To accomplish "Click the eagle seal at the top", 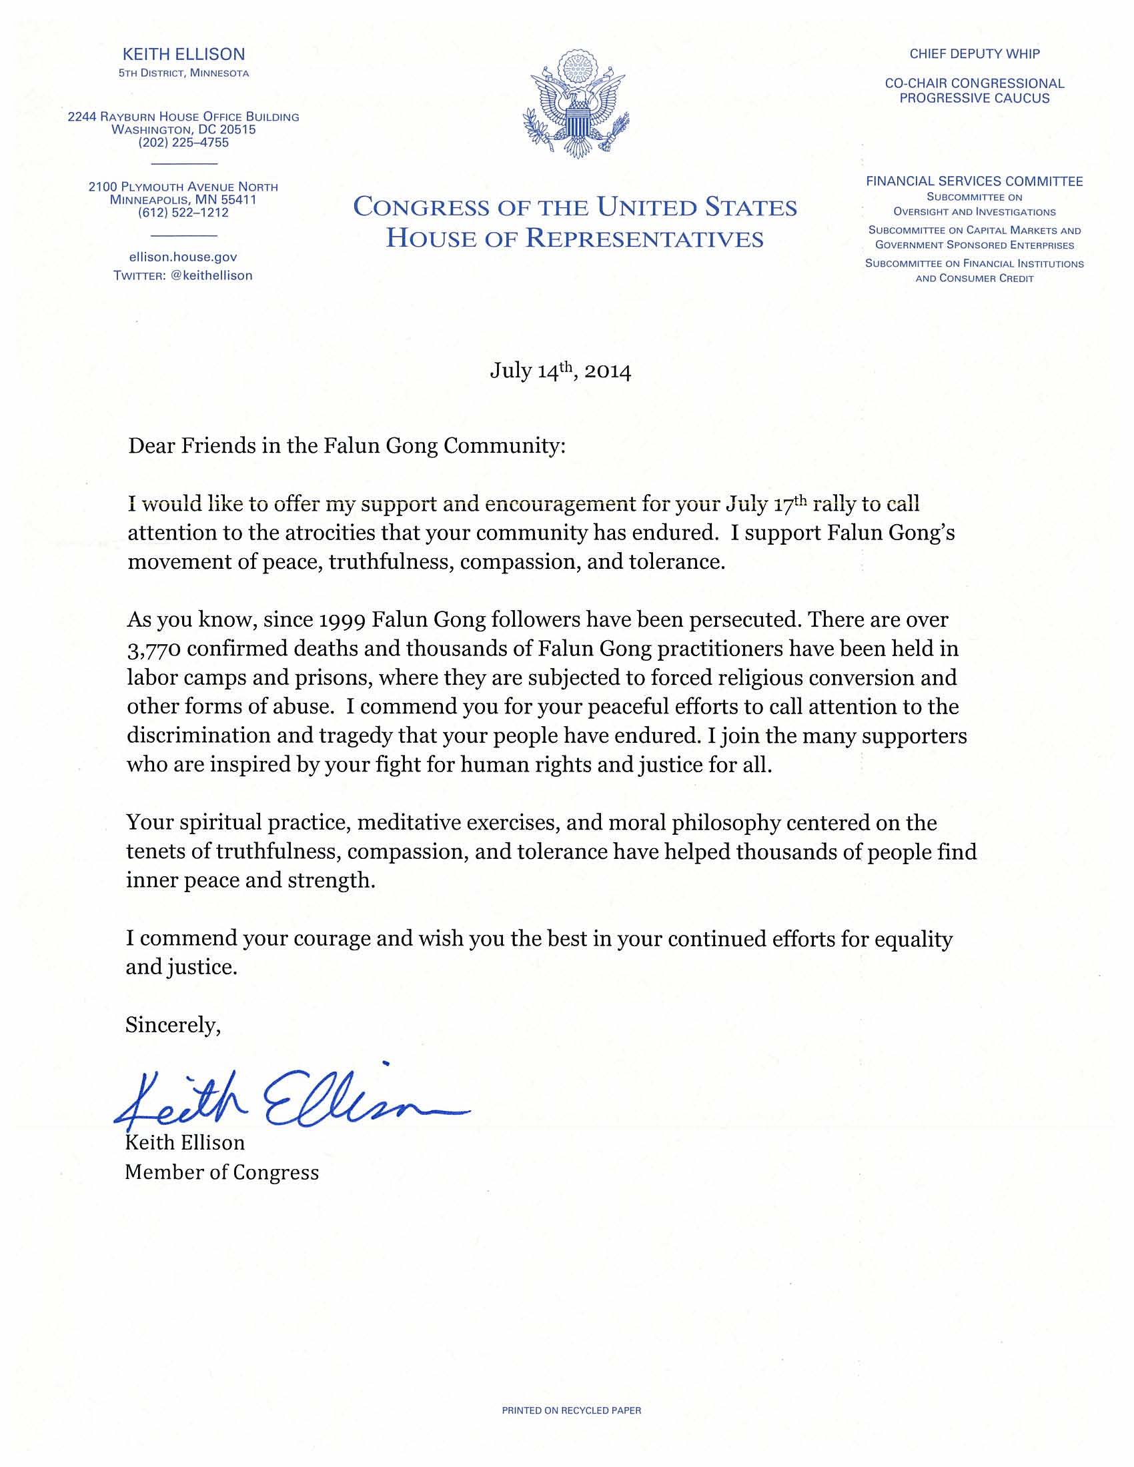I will tap(576, 103).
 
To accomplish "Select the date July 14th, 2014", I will tap(560, 371).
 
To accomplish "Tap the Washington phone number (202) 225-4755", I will tap(183, 143).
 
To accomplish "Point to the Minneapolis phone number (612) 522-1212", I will tap(183, 213).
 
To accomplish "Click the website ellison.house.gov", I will tap(183, 257).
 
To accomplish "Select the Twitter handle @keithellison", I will tap(211, 275).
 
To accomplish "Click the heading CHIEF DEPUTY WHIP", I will tap(974, 54).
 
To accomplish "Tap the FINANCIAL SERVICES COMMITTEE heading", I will tap(974, 181).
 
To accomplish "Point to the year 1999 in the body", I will tap(338, 619).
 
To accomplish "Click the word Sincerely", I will tap(173, 1025).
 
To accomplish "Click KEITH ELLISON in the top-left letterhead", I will tap(183, 55).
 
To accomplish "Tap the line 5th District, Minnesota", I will tap(183, 73).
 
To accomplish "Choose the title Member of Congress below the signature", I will tap(221, 1172).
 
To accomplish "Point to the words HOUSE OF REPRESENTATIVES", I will tap(575, 239).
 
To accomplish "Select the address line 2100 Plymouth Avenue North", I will tap(183, 187).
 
